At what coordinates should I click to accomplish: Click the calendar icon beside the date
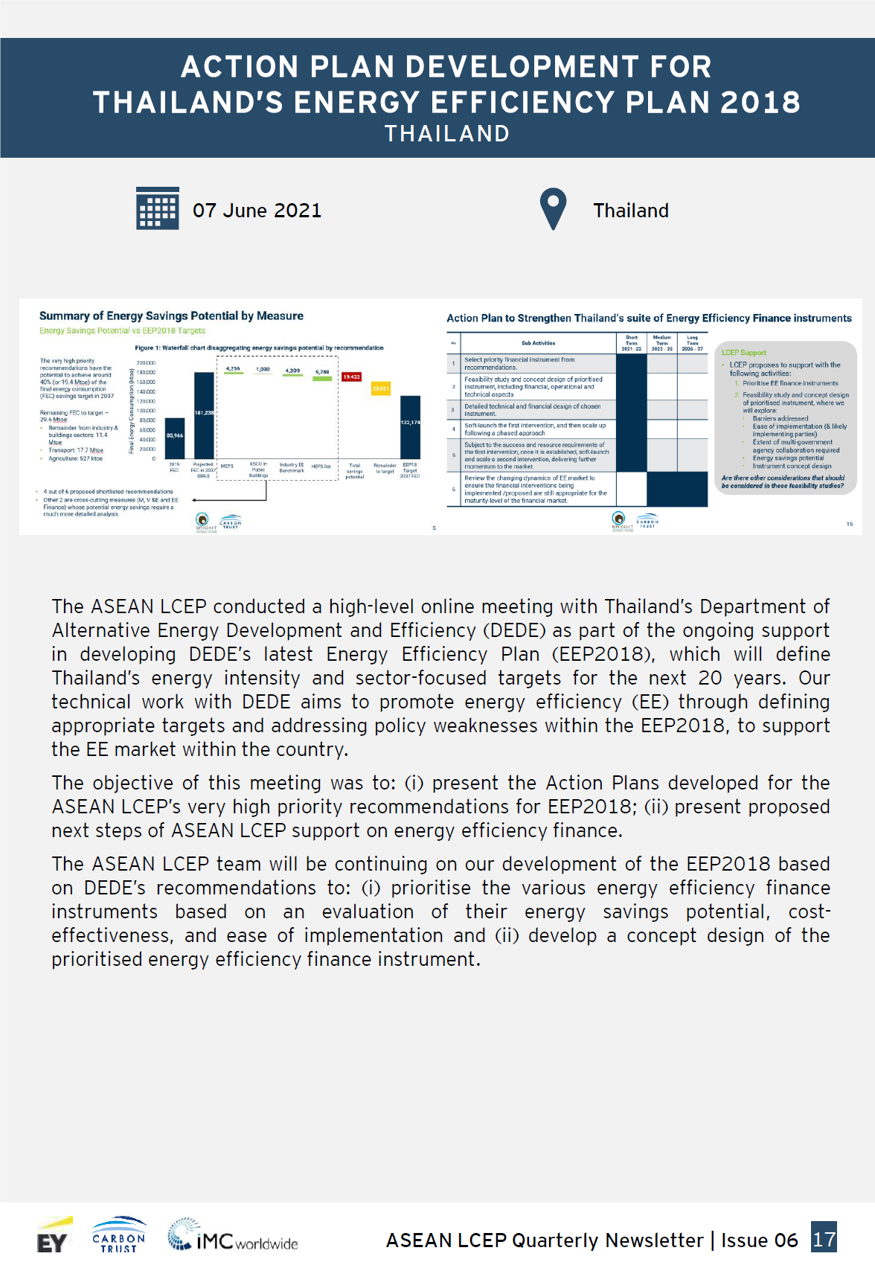tap(158, 208)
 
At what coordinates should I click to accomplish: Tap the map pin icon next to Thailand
tap(553, 209)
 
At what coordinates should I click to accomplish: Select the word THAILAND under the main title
tap(446, 134)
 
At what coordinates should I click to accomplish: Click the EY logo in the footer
tap(53, 1238)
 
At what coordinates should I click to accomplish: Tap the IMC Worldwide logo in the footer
tap(233, 1237)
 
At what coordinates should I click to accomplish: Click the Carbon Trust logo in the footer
tap(119, 1235)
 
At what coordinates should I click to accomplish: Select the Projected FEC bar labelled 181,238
tap(204, 415)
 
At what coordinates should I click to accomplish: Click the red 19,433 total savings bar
tap(351, 377)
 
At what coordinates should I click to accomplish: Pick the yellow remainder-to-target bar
tap(381, 388)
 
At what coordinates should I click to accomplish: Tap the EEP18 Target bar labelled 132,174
tap(410, 426)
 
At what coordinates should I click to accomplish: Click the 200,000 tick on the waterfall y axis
tap(146, 363)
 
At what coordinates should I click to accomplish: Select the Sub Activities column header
tap(538, 343)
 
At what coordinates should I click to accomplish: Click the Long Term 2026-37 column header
tap(692, 343)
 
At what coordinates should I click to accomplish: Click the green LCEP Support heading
tap(743, 353)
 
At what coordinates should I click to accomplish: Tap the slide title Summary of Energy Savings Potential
tap(171, 316)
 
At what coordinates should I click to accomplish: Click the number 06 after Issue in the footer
tap(786, 1240)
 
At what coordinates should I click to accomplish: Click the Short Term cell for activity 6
tap(632, 490)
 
